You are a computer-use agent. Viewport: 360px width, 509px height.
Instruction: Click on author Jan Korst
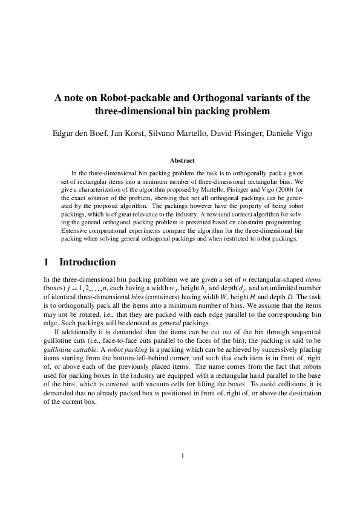click(x=121, y=133)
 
